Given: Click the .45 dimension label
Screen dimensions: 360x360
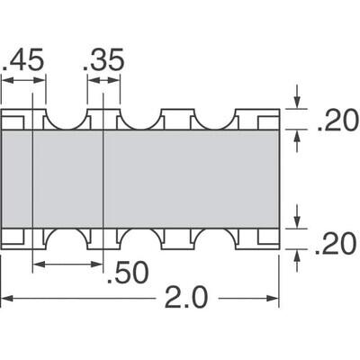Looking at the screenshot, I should [22, 61].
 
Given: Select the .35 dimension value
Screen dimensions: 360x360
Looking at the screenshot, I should [103, 61].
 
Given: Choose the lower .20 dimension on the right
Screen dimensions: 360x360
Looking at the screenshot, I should [337, 241].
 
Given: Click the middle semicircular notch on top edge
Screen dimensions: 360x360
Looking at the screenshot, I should [139, 118].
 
